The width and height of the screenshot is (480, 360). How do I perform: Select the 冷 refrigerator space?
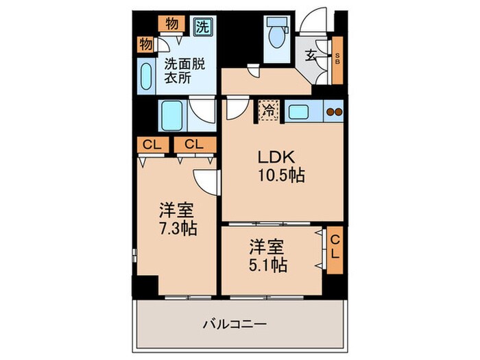(x=269, y=110)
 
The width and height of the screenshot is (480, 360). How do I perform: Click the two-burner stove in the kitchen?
(x=333, y=111)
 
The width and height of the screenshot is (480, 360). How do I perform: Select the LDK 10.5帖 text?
(x=280, y=166)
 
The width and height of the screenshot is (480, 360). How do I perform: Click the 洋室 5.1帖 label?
(x=267, y=254)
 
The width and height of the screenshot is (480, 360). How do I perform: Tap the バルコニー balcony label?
(x=235, y=323)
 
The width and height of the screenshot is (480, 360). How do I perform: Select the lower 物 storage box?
(x=146, y=45)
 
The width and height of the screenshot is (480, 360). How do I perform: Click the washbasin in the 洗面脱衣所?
(x=147, y=75)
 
